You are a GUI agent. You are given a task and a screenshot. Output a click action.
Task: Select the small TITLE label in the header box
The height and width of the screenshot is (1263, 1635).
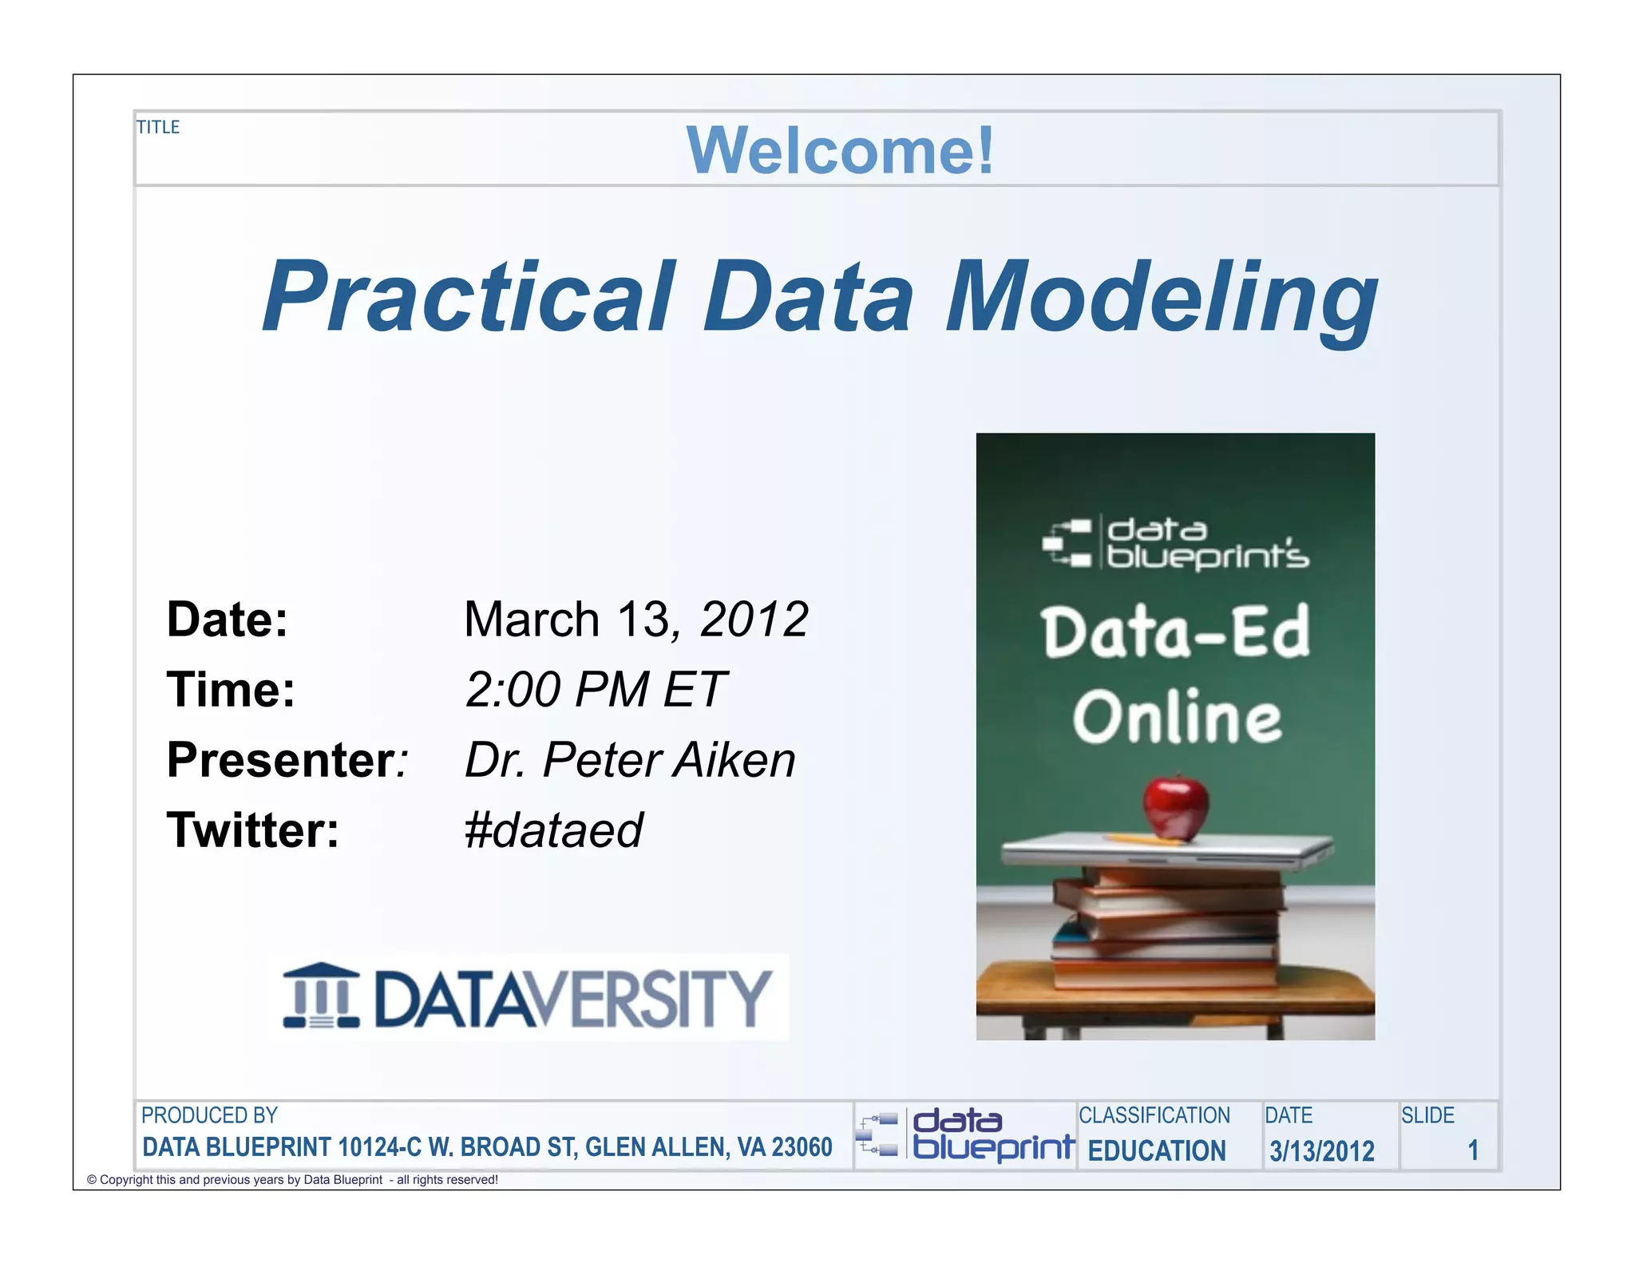[x=158, y=127]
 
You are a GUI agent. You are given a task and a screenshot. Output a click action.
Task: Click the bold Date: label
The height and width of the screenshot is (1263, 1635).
[x=227, y=620]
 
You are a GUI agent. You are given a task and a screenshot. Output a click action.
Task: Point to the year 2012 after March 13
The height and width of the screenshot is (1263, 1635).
[x=754, y=620]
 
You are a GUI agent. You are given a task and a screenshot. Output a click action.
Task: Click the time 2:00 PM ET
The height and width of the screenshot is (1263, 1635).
[x=595, y=690]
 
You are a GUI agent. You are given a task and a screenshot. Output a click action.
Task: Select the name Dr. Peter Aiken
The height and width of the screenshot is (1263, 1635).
[x=630, y=759]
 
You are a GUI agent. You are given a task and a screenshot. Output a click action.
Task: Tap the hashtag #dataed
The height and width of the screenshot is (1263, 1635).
[x=553, y=830]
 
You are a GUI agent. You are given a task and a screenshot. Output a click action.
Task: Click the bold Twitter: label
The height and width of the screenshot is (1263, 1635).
[x=252, y=830]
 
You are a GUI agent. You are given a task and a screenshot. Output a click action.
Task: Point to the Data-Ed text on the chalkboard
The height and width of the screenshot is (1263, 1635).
[x=1175, y=632]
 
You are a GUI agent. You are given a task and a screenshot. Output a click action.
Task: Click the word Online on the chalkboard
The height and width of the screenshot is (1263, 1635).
[x=1177, y=718]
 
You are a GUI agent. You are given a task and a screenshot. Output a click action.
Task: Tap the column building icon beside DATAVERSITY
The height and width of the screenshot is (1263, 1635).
[x=321, y=996]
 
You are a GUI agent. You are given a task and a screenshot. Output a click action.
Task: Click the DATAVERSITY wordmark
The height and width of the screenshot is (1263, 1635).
[x=572, y=998]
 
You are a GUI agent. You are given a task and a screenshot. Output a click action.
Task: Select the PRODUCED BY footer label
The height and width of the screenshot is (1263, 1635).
[x=209, y=1115]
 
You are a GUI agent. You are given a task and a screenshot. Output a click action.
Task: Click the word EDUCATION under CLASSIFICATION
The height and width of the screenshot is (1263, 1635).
[x=1157, y=1150]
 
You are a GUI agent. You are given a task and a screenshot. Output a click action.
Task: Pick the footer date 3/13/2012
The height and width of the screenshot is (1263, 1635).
[x=1322, y=1151]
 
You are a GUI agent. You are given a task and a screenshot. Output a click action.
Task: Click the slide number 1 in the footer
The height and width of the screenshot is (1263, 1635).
[x=1473, y=1150]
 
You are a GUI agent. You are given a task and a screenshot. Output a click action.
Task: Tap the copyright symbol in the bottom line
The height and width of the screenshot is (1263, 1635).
[x=92, y=1180]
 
